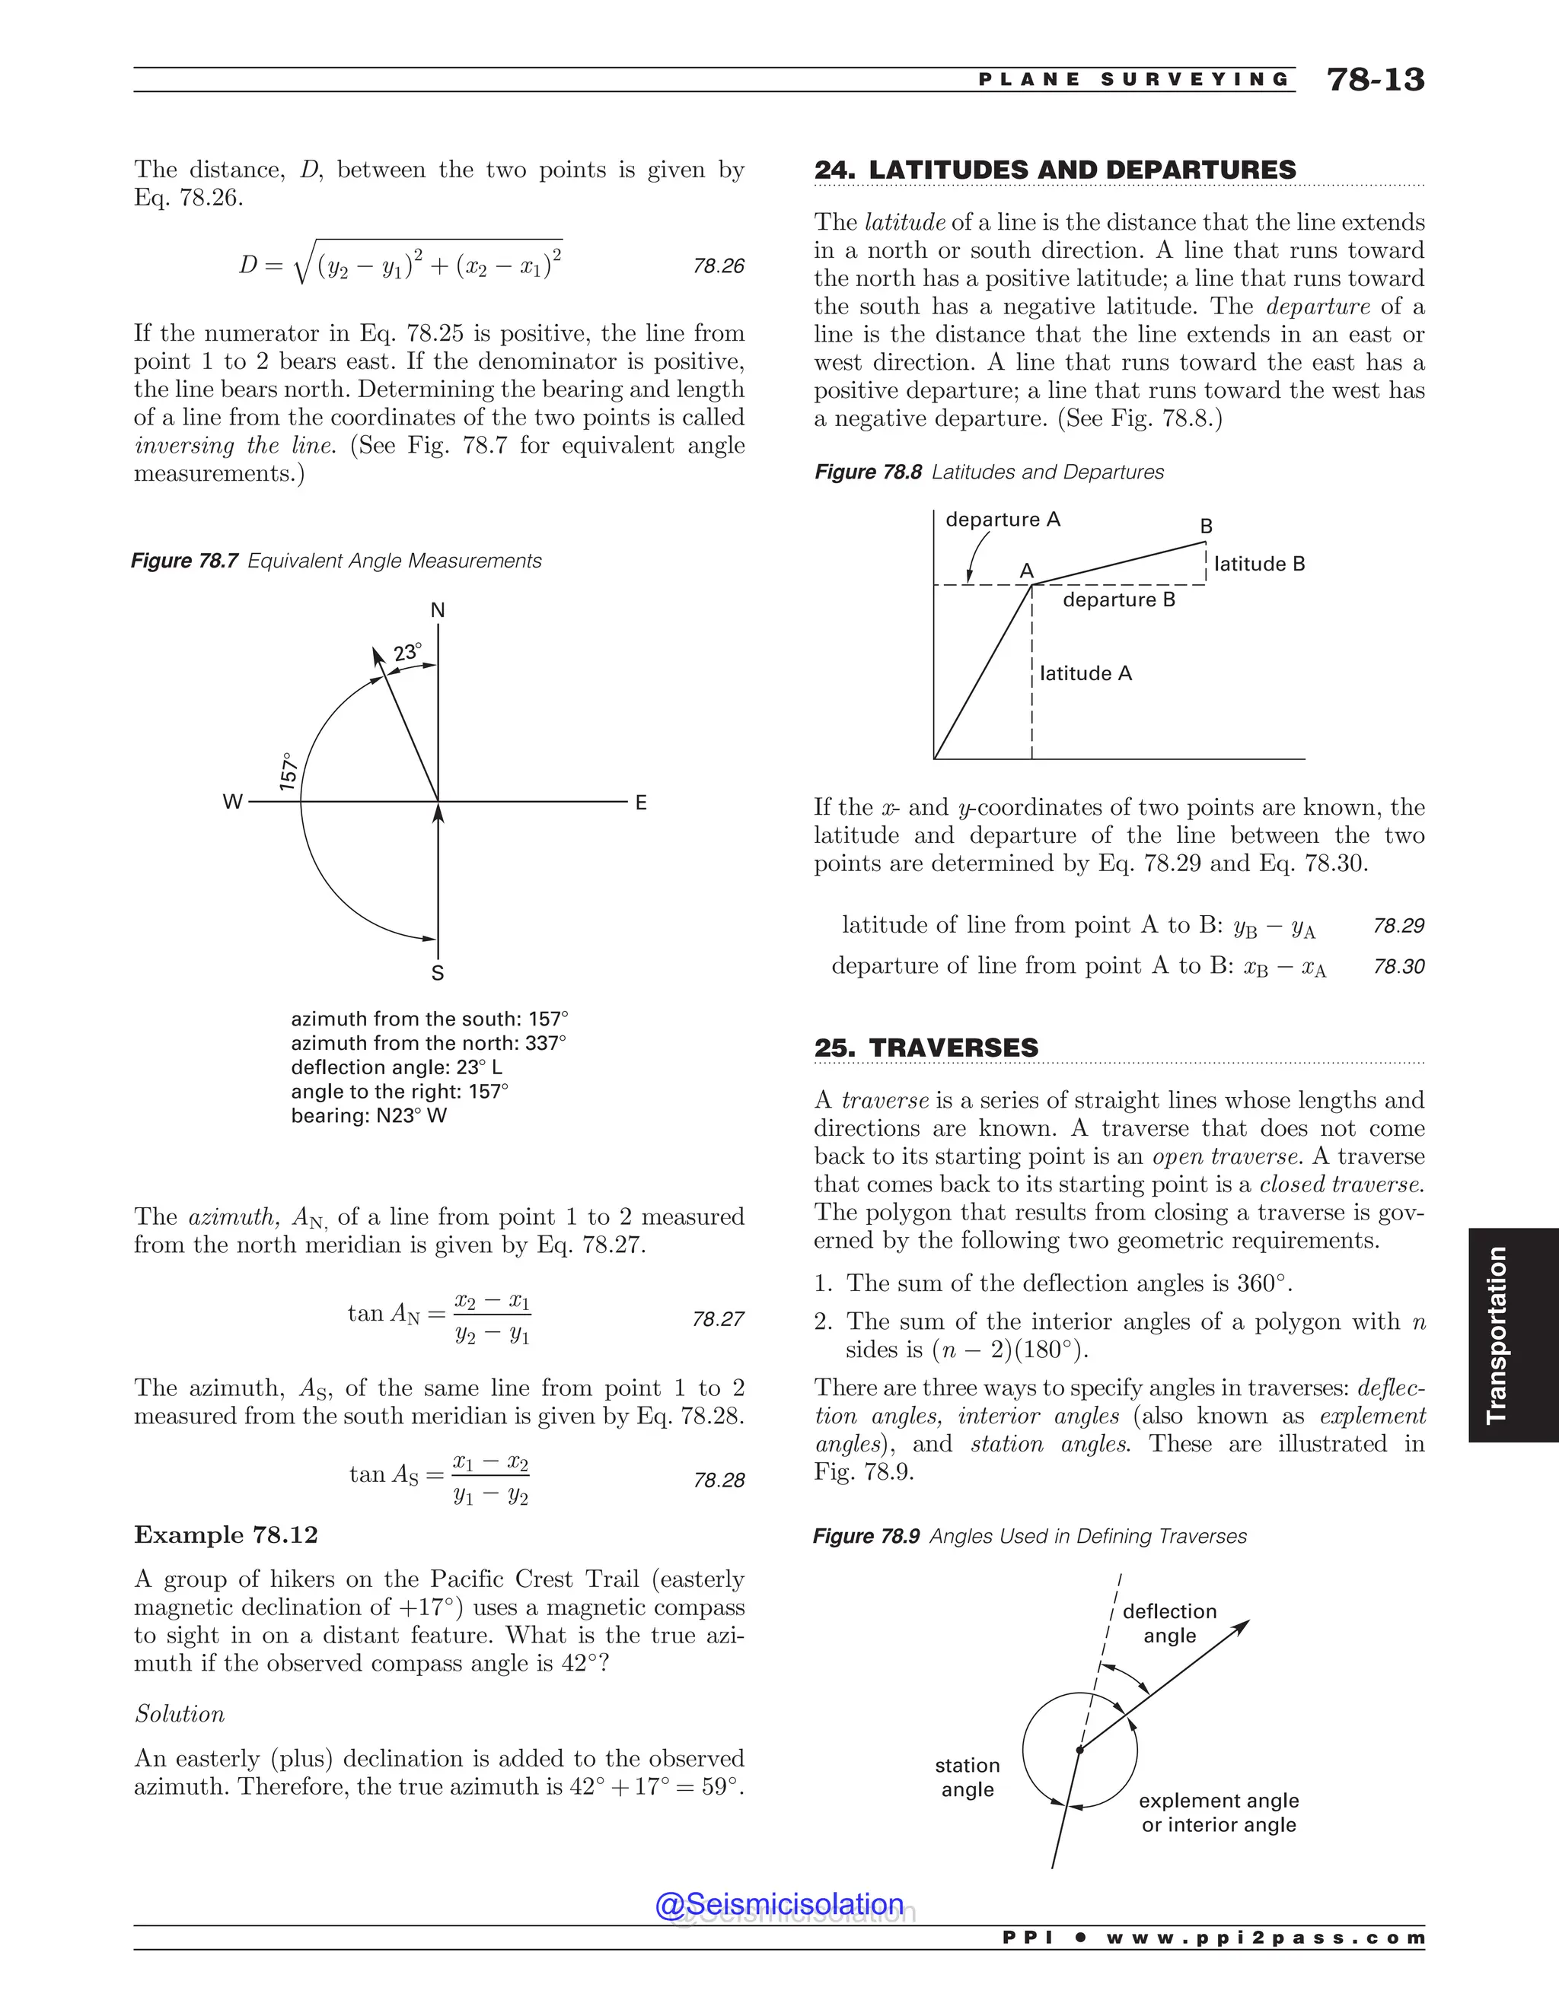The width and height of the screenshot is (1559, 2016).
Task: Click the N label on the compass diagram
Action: coord(438,610)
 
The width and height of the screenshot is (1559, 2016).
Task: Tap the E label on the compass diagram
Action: coord(641,803)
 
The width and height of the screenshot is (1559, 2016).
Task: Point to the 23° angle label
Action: coord(407,653)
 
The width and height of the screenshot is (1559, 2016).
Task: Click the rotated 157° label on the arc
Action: coord(289,771)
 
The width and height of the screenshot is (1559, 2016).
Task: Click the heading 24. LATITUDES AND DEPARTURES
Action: coord(1055,170)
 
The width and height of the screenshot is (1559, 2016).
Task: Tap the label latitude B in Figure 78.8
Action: coord(1259,564)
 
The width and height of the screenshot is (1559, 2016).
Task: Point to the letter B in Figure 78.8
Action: coord(1207,526)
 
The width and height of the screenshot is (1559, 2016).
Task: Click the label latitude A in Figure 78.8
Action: coord(1086,674)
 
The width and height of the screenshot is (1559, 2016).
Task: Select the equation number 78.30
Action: coord(1398,966)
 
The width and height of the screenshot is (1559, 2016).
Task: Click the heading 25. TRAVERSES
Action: coord(926,1048)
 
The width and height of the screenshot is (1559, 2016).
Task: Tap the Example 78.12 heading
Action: coord(226,1535)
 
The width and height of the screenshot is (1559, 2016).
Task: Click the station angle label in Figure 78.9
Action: coord(967,1777)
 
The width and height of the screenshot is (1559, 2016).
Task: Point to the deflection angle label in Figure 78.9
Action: coord(1169,1623)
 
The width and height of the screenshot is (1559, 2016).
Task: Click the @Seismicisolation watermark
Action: coord(779,1903)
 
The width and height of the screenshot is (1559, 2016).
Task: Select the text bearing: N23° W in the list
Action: coord(368,1115)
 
